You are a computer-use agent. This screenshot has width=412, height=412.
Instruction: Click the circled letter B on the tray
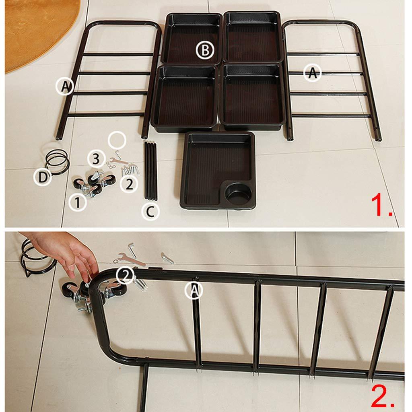pos(205,50)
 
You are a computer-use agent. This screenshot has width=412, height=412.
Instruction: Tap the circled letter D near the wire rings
pos(42,177)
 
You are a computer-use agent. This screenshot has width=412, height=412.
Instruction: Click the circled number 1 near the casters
pos(78,203)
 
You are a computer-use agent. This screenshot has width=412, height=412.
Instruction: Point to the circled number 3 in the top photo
pos(96,159)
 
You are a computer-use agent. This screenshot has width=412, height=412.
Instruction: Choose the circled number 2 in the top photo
pos(129,184)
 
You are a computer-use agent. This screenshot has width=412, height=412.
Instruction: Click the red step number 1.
pos(381,205)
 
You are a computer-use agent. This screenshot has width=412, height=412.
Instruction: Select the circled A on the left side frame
pos(65,86)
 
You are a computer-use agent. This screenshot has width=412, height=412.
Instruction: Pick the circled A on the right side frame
pos(312,73)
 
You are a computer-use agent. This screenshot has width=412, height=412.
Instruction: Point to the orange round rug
pos(37,29)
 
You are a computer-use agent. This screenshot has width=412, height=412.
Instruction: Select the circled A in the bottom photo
pos(194,290)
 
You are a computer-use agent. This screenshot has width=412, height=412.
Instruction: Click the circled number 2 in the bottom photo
pos(125,275)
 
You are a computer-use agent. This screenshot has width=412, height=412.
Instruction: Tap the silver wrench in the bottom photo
pos(131,259)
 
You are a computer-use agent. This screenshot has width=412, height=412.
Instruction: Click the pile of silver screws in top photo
pos(130,169)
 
